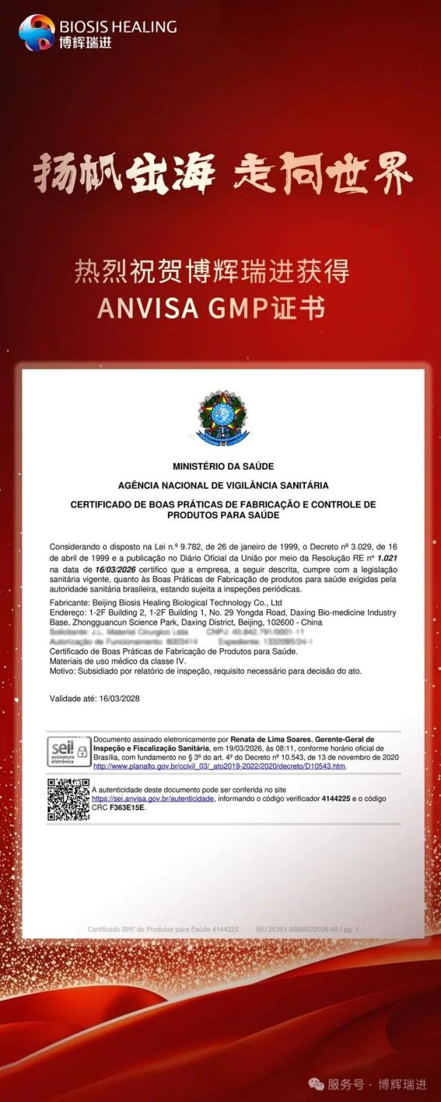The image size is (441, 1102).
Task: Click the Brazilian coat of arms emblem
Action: (x=223, y=419)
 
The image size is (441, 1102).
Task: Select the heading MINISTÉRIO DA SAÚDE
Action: (x=223, y=467)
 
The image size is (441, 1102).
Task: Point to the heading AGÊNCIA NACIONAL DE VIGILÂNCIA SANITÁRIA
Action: (x=223, y=486)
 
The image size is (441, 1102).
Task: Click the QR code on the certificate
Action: (x=68, y=800)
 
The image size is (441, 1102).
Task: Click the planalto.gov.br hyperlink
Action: (x=219, y=765)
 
